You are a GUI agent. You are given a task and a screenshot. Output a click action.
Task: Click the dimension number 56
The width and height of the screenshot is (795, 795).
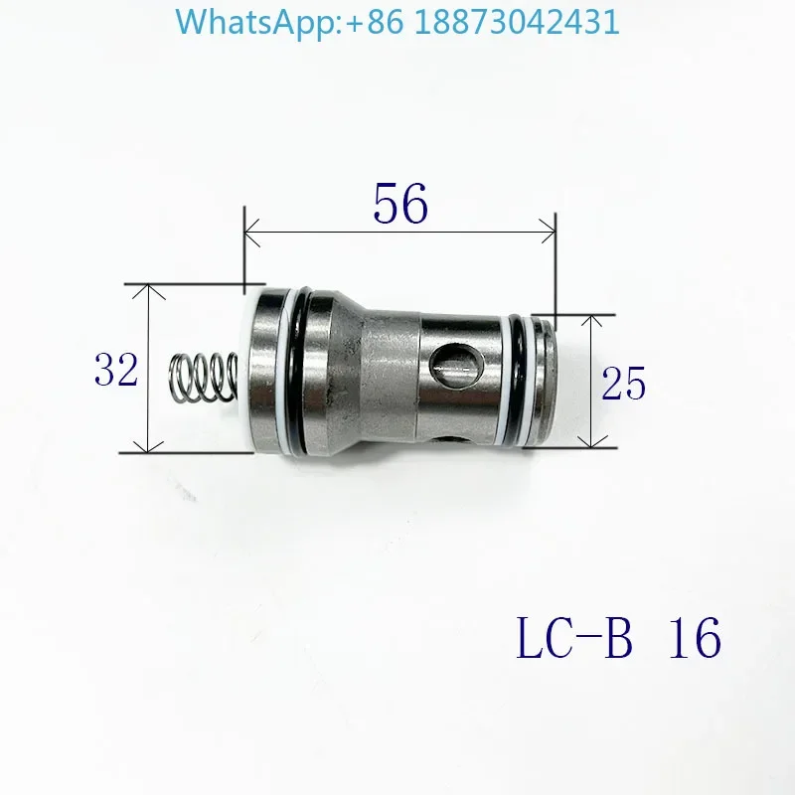(x=400, y=205)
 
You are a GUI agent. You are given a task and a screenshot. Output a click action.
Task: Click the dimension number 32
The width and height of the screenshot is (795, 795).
(x=116, y=370)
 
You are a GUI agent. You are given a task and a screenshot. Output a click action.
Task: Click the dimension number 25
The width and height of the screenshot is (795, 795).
(x=624, y=382)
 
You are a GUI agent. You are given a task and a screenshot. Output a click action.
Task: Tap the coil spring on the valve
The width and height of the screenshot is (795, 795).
(x=204, y=376)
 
